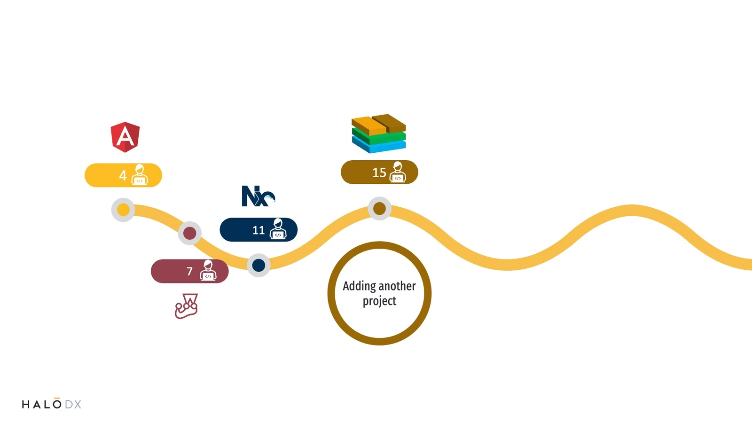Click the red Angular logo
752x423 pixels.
click(125, 137)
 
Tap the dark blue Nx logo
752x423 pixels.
click(258, 196)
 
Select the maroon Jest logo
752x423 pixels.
click(186, 306)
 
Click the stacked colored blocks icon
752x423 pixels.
click(379, 133)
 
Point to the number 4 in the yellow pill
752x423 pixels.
click(123, 176)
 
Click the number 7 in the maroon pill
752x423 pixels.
click(189, 271)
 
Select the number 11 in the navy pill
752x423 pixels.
click(258, 230)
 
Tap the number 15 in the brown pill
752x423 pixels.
click(379, 172)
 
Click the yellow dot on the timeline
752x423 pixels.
click(123, 210)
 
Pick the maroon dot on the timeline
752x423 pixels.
click(190, 233)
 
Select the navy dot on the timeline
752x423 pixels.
click(258, 265)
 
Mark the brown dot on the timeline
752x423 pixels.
click(379, 209)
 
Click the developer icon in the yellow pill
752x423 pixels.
click(140, 175)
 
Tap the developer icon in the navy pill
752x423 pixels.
click(278, 229)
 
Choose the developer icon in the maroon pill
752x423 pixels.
click(208, 271)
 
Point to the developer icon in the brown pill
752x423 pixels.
click(398, 172)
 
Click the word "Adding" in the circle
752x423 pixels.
click(360, 286)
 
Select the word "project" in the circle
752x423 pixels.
click(379, 301)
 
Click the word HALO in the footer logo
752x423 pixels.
click(42, 404)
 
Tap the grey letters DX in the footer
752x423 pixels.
click(73, 404)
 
